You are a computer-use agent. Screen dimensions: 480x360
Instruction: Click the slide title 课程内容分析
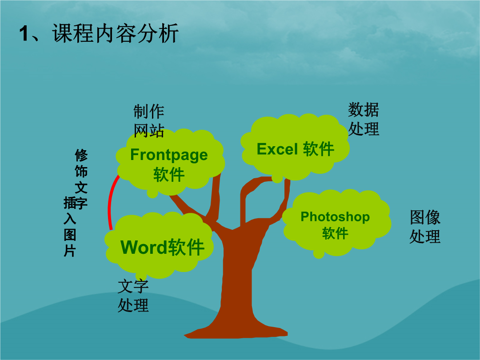click(116, 33)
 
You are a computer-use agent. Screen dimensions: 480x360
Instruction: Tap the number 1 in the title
click(24, 33)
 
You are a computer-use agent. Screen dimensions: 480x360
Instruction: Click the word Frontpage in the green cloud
click(169, 155)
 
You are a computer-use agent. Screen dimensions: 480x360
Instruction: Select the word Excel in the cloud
click(277, 149)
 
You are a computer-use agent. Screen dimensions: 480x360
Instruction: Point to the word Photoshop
click(335, 217)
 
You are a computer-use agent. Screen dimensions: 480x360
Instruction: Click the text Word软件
click(163, 247)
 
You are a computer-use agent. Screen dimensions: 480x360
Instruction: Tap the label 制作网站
click(149, 121)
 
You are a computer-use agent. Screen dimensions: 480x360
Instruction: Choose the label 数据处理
click(364, 119)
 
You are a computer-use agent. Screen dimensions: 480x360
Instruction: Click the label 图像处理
click(425, 227)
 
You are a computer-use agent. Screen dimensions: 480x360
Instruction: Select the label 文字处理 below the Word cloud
click(133, 296)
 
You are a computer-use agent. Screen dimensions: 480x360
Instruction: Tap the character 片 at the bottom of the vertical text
click(70, 251)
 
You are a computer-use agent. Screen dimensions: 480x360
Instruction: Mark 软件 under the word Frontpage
click(169, 175)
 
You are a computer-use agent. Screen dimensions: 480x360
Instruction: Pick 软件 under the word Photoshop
click(335, 233)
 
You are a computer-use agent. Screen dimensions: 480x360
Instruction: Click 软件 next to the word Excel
click(319, 149)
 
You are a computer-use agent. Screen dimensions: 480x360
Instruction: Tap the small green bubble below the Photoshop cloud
click(319, 253)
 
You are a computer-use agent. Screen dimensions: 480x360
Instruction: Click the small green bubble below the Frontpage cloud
click(152, 193)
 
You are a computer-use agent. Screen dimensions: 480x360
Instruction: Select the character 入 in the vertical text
click(70, 219)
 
